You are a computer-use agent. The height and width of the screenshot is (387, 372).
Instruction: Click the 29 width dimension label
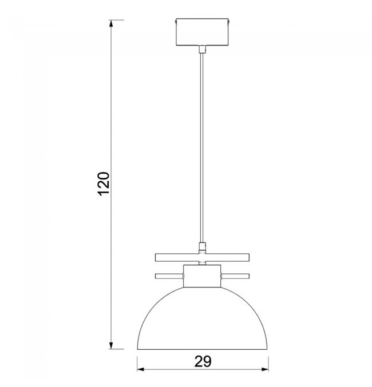pyautogui.click(x=203, y=362)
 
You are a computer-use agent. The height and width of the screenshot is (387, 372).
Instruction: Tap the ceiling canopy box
pyautogui.click(x=202, y=32)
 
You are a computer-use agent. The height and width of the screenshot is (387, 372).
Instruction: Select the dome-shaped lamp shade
pyautogui.click(x=203, y=318)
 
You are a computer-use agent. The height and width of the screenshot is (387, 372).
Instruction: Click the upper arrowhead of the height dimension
pyautogui.click(x=111, y=23)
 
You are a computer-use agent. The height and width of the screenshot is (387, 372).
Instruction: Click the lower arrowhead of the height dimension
pyautogui.click(x=111, y=345)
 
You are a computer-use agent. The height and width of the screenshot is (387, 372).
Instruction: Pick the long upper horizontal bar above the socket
pyautogui.click(x=202, y=257)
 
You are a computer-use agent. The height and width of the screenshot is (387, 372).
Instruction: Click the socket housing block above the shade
pyautogui.click(x=202, y=276)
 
